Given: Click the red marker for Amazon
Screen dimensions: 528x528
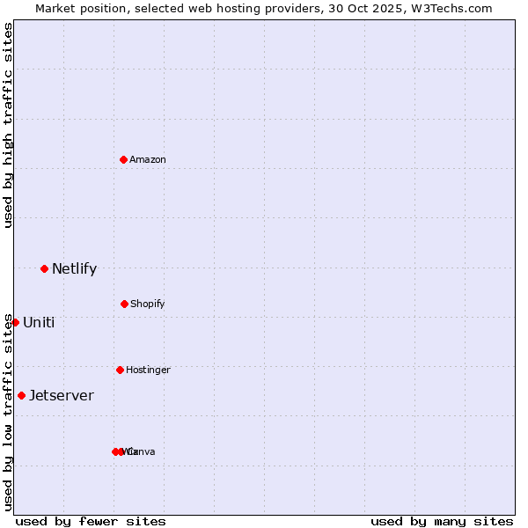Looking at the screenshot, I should pyautogui.click(x=124, y=159).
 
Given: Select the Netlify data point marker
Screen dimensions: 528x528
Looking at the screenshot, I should pyautogui.click(x=44, y=268).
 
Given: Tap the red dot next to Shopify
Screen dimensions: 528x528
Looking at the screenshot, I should pyautogui.click(x=124, y=304).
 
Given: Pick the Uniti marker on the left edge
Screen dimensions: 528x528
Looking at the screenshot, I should pyautogui.click(x=15, y=322).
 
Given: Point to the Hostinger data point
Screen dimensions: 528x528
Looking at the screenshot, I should pyautogui.click(x=120, y=370).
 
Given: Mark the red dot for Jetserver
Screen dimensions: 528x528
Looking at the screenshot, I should pyautogui.click(x=21, y=395).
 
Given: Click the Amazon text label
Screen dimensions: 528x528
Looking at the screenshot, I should pyautogui.click(x=148, y=159).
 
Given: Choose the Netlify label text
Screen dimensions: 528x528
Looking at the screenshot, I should pyautogui.click(x=74, y=269).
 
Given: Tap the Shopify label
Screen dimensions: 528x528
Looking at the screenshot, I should pyautogui.click(x=148, y=304).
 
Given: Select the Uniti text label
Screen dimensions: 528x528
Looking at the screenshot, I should pyautogui.click(x=39, y=322).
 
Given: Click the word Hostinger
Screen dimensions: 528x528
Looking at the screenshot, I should pyautogui.click(x=148, y=370).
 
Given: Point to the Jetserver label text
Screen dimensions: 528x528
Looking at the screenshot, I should pyautogui.click(x=62, y=395).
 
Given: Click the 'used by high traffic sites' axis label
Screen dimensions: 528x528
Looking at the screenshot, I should pyautogui.click(x=8, y=125).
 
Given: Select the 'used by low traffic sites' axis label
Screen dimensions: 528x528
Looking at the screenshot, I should pyautogui.click(x=8, y=412).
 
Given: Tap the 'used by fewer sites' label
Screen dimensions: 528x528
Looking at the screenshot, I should pyautogui.click(x=91, y=521).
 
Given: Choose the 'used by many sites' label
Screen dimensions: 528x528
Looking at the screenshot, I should pyautogui.click(x=442, y=521).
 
